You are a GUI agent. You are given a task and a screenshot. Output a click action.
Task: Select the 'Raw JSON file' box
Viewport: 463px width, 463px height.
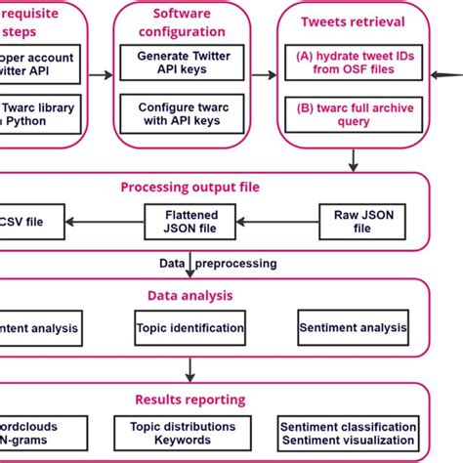361,221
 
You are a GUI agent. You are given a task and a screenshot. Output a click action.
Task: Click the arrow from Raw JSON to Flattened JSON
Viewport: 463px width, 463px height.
277,222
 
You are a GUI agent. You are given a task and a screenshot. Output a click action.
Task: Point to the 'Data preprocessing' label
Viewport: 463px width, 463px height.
219,264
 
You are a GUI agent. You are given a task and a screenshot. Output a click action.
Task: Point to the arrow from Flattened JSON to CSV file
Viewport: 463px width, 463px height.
106,222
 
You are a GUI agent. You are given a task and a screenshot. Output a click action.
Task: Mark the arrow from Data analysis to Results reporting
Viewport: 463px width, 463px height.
189,369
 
